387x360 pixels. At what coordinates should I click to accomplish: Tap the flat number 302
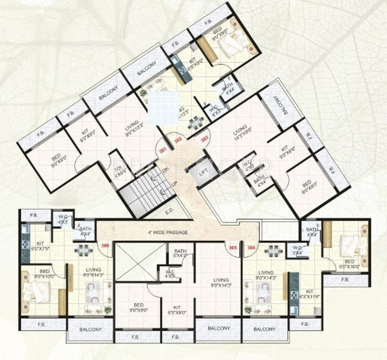tap(178, 140)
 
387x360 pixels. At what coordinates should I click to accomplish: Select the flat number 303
tap(204, 139)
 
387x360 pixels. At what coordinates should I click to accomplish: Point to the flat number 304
tap(252, 247)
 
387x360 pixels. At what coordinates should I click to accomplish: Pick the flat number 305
tap(232, 247)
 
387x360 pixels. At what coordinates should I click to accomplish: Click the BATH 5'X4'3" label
tap(180, 253)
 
